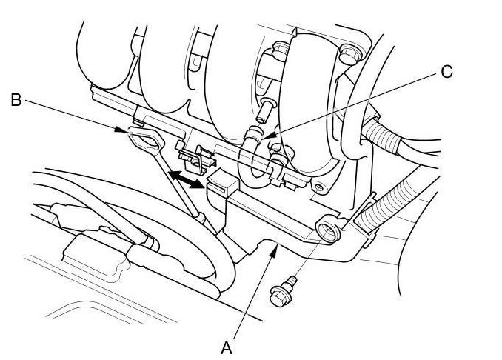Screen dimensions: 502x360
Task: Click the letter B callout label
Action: click(x=16, y=99)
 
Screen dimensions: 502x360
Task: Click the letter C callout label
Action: click(x=446, y=72)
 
